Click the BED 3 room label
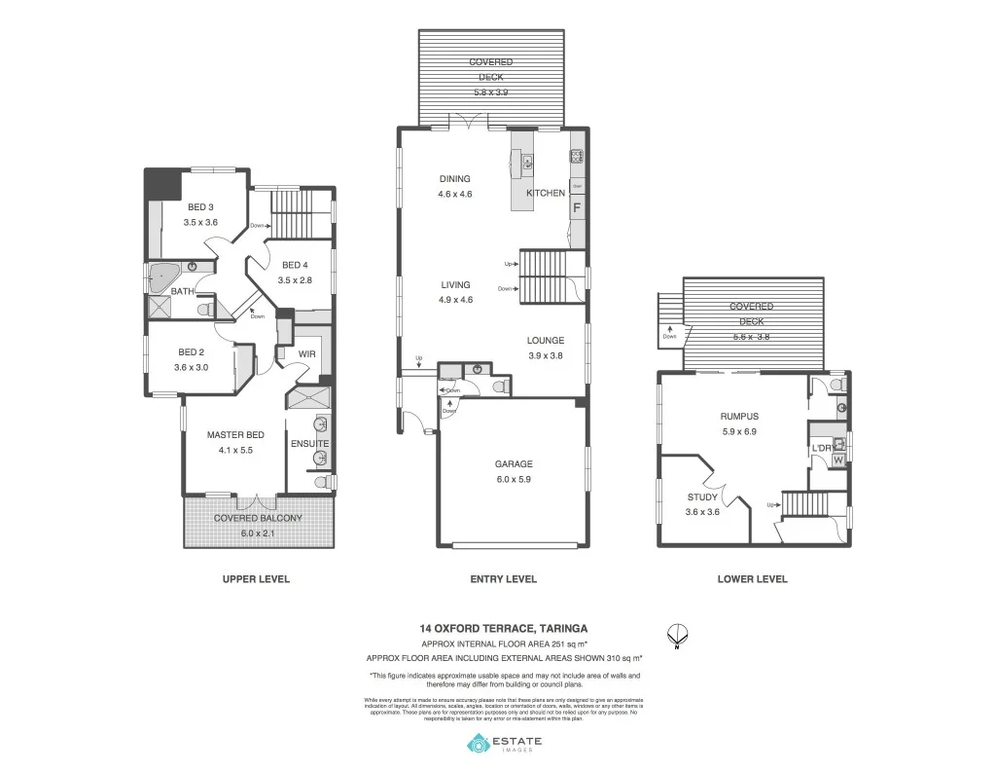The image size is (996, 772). (x=200, y=206)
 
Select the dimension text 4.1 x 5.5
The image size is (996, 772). (x=235, y=450)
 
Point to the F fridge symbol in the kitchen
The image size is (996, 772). (x=577, y=206)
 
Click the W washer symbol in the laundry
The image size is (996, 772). (x=837, y=460)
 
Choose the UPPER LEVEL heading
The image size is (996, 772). (x=256, y=579)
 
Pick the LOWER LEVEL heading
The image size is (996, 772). (x=752, y=579)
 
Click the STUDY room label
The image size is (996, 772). (x=702, y=496)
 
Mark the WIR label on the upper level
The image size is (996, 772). (x=307, y=353)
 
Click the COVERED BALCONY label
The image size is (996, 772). (x=258, y=519)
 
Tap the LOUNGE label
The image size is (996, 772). (x=546, y=341)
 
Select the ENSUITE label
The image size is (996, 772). (x=309, y=445)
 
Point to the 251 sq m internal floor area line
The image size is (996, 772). (x=503, y=644)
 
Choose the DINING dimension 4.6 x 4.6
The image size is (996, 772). (x=454, y=195)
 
